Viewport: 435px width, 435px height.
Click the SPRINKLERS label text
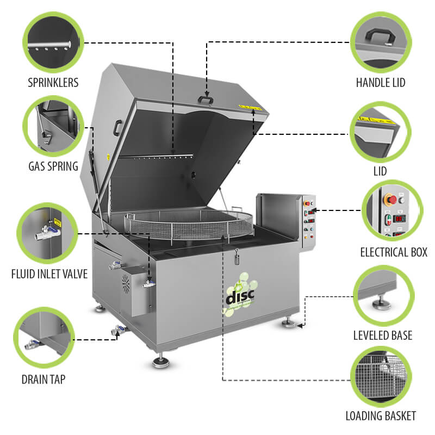coord(53,83)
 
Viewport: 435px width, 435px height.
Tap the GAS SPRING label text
coord(53,166)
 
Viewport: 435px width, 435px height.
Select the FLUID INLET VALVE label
coord(49,274)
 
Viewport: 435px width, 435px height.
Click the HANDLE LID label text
coord(381,83)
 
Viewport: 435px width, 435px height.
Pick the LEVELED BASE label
coord(383,335)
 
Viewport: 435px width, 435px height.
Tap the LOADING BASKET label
coord(381,417)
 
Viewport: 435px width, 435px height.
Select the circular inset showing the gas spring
coord(53,125)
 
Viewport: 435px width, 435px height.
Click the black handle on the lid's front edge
coord(205,100)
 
